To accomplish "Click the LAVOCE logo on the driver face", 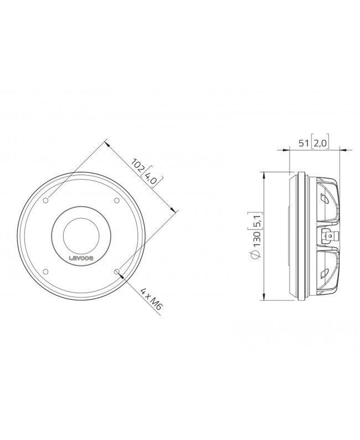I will pyautogui.click(x=81, y=257).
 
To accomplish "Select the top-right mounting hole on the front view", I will pyautogui.click(x=116, y=201).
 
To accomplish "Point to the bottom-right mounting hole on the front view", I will pyautogui.click(x=116, y=272).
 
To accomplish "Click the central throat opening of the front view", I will pyautogui.click(x=81, y=235).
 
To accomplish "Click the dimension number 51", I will pyautogui.click(x=304, y=143).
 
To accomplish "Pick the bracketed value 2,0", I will pyautogui.click(x=320, y=143).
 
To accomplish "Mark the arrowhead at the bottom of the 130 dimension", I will pyautogui.click(x=265, y=298).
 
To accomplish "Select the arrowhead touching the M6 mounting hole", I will pyautogui.click(x=121, y=275).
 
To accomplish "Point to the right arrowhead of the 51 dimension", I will pyautogui.click(x=337, y=150).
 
